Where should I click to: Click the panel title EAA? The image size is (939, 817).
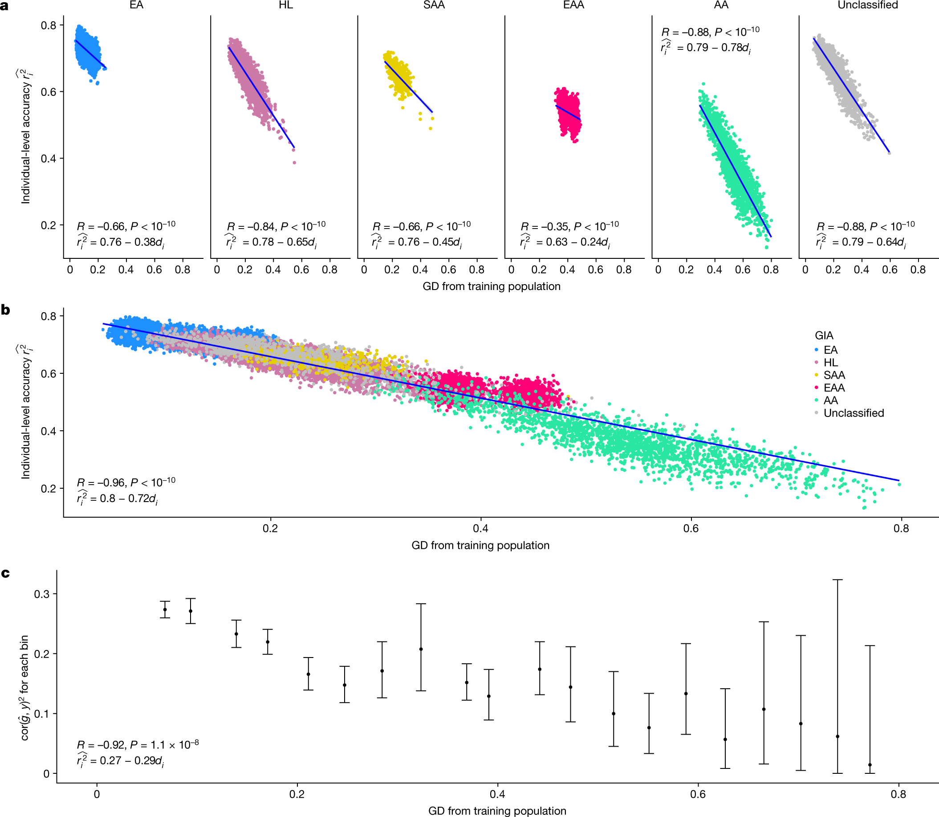pos(573,5)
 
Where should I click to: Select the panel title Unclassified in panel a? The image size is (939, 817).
pos(867,5)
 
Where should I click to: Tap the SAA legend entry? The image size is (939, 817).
pos(834,375)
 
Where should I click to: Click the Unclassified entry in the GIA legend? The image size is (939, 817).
pos(854,413)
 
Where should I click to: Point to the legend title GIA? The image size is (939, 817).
pos(824,335)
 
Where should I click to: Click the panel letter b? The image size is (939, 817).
pos(5,310)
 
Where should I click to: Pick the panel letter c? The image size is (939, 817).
pos(5,573)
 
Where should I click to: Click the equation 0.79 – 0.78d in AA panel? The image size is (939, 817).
pos(713,47)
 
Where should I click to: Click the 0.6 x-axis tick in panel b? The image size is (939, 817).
pos(691,528)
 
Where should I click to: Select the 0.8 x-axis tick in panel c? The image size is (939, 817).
pos(898,794)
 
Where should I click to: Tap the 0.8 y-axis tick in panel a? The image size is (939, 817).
pos(49,25)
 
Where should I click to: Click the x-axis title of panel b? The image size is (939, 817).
pos(480,545)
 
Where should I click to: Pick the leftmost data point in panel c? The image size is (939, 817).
pos(165,609)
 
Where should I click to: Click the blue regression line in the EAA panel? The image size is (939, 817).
pos(568,113)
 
